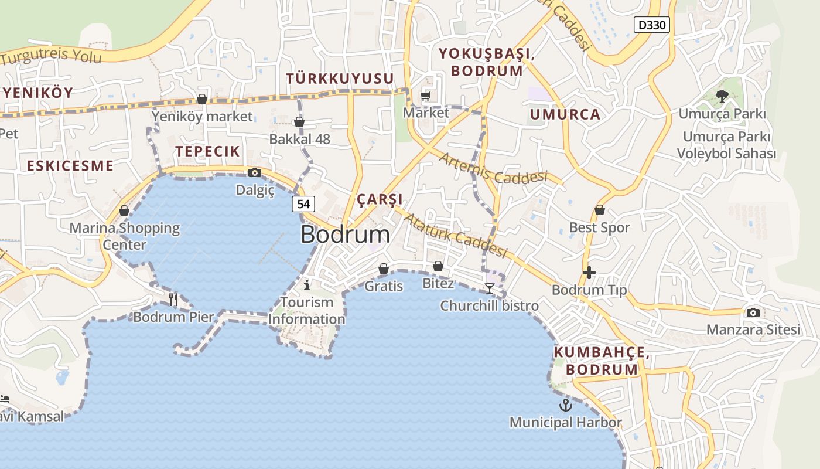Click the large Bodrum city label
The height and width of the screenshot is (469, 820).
pos(345,235)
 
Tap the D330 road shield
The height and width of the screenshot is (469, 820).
pos(652,25)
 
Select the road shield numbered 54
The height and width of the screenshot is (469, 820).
pos(303,204)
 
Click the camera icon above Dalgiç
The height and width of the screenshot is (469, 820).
pos(255,172)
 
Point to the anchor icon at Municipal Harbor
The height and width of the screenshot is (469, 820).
pos(565,405)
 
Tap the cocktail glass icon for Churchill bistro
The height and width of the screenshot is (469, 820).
pos(490,288)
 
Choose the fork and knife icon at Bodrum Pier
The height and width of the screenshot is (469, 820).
pos(173,299)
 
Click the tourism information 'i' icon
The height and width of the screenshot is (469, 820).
pos(307,285)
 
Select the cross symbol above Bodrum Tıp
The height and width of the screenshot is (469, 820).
pos(589,273)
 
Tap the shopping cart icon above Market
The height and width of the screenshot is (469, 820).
pos(426,96)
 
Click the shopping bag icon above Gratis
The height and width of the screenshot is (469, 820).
pos(384,269)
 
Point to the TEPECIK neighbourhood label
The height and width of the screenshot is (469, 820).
pos(208,151)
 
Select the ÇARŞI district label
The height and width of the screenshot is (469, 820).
pos(380,199)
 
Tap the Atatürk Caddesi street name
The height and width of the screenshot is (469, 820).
pos(456,236)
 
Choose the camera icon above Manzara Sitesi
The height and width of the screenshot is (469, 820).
pos(753,312)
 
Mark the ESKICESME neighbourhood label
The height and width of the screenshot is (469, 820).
pos(70,166)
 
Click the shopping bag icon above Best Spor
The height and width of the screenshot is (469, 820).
pos(600,210)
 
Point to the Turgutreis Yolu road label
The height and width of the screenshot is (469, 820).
pos(51,56)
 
